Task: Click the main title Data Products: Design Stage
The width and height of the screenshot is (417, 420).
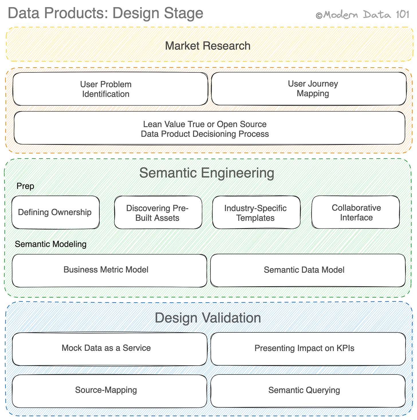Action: pos(105,13)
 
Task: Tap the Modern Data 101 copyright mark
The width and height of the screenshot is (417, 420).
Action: pos(363,15)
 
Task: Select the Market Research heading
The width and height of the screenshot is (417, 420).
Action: pos(208,46)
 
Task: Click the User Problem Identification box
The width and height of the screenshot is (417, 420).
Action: pos(110,89)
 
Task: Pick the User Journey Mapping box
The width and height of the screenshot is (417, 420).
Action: pos(309,88)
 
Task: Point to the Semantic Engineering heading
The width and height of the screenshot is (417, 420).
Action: pos(206,173)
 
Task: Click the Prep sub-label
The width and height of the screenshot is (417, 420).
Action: pos(25,186)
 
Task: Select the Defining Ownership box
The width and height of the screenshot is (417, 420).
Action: pos(55,212)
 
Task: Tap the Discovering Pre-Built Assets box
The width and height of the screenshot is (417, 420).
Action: pos(158,213)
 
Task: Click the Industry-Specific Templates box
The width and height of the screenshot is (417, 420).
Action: pos(256,213)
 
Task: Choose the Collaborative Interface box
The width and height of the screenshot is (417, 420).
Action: pos(355,212)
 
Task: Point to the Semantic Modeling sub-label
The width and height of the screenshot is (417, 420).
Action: pos(51,244)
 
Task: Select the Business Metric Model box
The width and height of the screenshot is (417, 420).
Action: pos(109,270)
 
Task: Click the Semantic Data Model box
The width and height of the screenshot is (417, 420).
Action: pos(308,270)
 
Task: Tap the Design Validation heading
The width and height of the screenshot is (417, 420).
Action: pos(208,318)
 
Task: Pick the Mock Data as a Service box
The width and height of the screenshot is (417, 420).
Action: pos(109,349)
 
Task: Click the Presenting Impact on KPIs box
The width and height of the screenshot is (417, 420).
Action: pos(308,349)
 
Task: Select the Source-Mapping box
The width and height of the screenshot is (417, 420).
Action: pos(109,391)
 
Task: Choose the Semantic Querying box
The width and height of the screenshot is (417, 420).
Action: pos(308,391)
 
